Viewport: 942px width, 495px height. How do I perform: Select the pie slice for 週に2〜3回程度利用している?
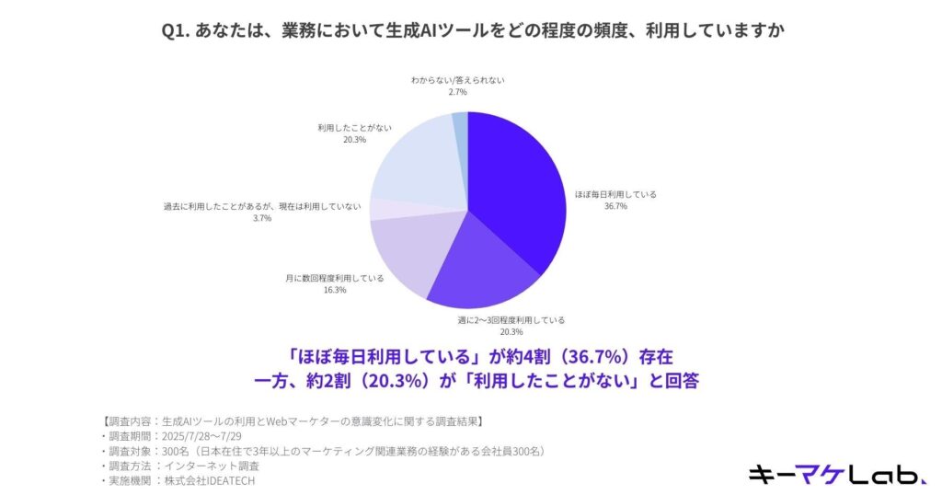pyautogui.click(x=488, y=271)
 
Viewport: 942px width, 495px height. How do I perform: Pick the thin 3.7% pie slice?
pyautogui.click(x=382, y=209)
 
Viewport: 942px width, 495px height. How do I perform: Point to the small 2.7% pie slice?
pyautogui.click(x=460, y=124)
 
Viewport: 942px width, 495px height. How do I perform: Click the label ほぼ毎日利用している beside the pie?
pyautogui.click(x=615, y=194)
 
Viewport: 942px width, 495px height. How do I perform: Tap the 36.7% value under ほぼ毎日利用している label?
pyautogui.click(x=615, y=206)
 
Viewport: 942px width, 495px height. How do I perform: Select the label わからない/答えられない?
pyautogui.click(x=457, y=80)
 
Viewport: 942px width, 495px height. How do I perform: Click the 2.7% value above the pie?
pyautogui.click(x=457, y=92)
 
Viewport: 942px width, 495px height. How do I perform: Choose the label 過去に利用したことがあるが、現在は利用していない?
pyautogui.click(x=261, y=206)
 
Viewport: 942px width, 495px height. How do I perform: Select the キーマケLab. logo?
pyautogui.click(x=836, y=474)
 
